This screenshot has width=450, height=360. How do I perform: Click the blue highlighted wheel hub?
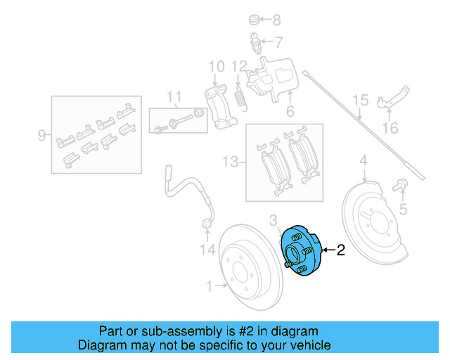point(300,252)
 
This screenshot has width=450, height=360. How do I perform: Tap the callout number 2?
point(341,250)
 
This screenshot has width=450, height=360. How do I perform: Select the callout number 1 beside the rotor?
point(209,285)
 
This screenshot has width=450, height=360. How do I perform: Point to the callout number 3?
point(274,221)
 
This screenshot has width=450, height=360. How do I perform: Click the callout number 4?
point(364,163)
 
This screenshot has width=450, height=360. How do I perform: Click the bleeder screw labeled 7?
point(255,41)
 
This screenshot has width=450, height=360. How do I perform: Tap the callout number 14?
point(206,249)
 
